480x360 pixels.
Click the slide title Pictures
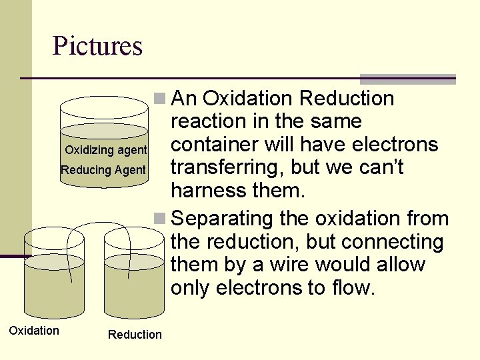(x=97, y=46)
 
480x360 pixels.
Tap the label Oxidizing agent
(x=105, y=150)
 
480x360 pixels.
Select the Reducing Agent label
(x=103, y=170)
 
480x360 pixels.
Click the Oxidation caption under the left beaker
(x=33, y=331)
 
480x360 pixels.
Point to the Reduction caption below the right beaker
(x=135, y=335)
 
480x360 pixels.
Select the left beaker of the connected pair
(x=54, y=280)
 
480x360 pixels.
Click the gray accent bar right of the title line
(x=407, y=79)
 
